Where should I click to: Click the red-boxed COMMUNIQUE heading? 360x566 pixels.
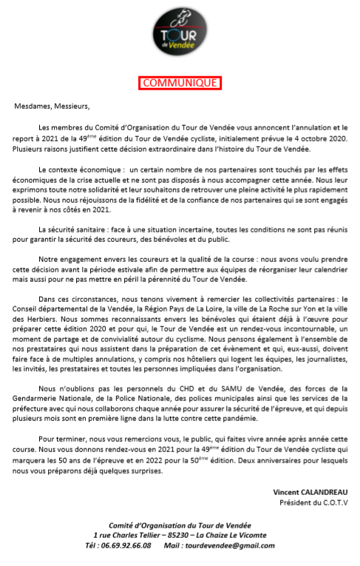(180, 83)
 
